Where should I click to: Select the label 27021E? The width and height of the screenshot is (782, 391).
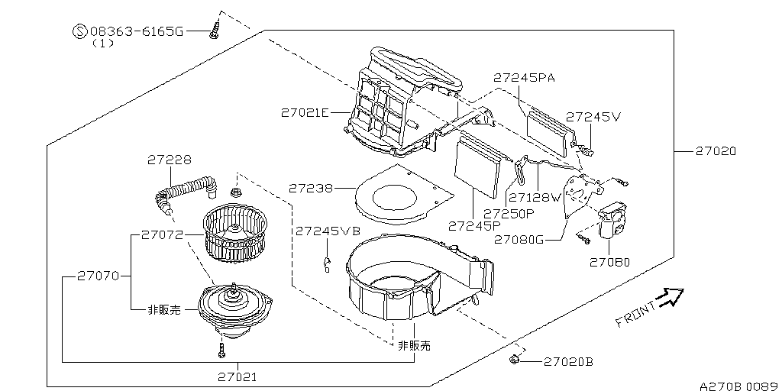pos(304,113)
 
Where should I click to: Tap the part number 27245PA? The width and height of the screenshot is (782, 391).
pos(523,78)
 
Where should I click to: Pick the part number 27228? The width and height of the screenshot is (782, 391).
pos(169,160)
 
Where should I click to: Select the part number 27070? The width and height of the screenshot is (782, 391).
pos(98,276)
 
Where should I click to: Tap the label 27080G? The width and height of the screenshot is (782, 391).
pos(518,239)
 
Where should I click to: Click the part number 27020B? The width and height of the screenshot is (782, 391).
pos(567,361)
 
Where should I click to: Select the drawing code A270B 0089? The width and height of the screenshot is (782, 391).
pos(737,385)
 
